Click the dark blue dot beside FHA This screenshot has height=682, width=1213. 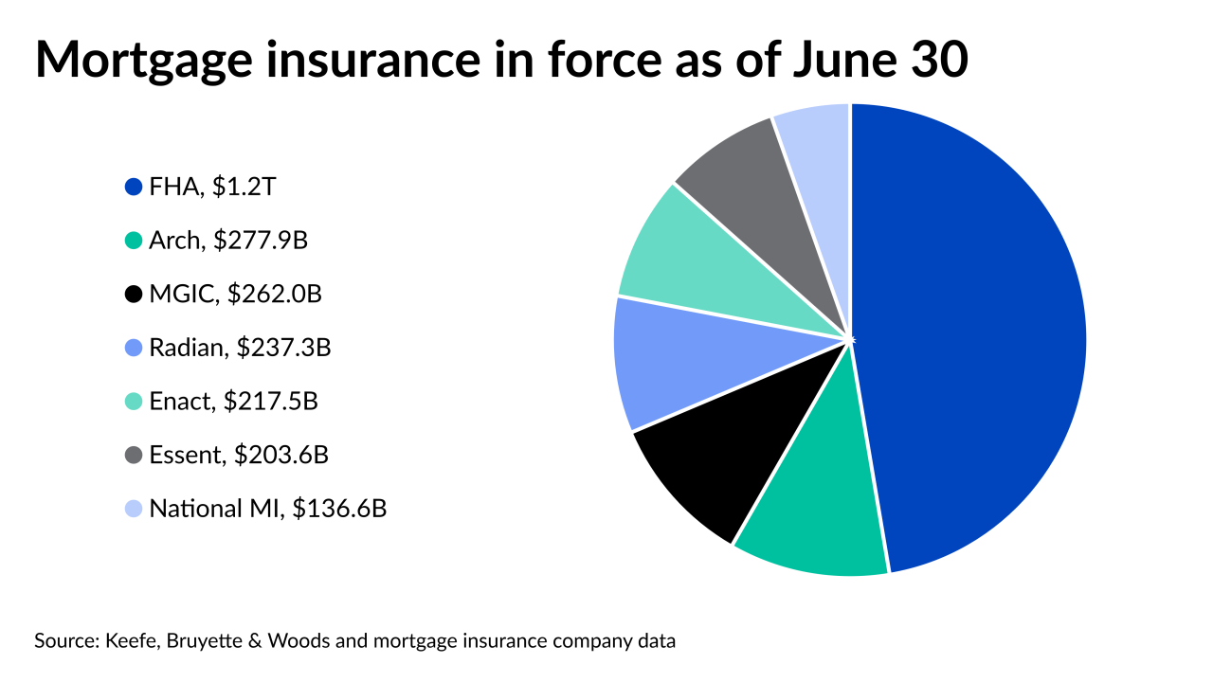134,187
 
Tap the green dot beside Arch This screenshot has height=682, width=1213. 134,241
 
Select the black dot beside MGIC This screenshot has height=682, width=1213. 134,295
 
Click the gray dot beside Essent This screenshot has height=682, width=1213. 134,456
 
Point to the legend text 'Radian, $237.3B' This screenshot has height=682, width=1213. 240,349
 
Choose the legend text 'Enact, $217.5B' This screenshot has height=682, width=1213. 233,402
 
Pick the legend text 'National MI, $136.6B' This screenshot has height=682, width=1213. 268,510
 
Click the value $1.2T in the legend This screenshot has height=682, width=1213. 244,187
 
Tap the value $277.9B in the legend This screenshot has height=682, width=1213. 261,241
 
